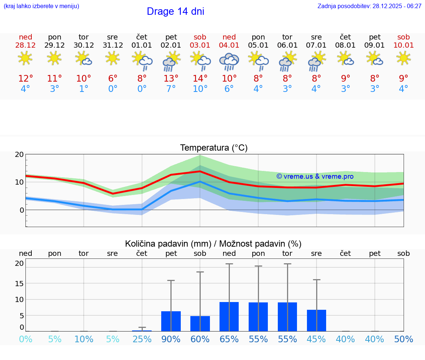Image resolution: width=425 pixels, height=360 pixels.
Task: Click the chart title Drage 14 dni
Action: [x=175, y=11]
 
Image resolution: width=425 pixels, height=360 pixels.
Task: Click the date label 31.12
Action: [x=113, y=45]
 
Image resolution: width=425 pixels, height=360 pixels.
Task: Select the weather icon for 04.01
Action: [x=229, y=61]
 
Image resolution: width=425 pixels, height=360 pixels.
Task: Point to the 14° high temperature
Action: [x=200, y=79]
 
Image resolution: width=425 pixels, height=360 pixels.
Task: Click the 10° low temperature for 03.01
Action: [x=200, y=89]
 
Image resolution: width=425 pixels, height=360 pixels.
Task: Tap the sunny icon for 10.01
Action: [x=404, y=58]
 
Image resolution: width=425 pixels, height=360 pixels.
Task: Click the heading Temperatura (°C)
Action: [x=214, y=148]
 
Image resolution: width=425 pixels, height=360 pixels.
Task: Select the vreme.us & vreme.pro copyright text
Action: [x=315, y=176]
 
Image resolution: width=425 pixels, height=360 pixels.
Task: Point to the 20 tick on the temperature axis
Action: [x=19, y=155]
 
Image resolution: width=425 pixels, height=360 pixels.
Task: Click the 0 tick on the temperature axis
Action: [x=22, y=210]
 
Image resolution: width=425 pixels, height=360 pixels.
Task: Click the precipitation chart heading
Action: [x=213, y=244]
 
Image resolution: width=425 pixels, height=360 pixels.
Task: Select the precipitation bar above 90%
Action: [x=171, y=321]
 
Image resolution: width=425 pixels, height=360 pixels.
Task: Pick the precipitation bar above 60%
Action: [x=200, y=323]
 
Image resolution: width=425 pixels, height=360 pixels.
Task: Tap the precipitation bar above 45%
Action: [x=317, y=320]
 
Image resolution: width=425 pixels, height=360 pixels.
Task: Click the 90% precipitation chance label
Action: [x=171, y=339]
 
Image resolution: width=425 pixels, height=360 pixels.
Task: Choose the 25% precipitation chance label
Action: [x=142, y=339]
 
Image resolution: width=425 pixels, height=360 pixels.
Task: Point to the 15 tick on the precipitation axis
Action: [x=19, y=284]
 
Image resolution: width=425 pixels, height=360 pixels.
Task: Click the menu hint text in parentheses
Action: [x=41, y=6]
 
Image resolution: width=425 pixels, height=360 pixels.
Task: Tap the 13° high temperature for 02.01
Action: [x=171, y=79]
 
